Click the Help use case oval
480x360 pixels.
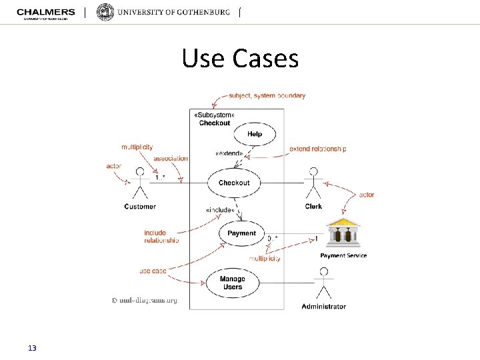[255, 134]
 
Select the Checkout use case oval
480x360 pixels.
[234, 183]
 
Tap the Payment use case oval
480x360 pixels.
[241, 233]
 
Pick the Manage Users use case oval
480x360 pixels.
[233, 283]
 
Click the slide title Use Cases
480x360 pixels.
[240, 59]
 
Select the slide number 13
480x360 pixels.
[32, 348]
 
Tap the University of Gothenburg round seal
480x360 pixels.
[105, 12]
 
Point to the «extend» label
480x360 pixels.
[229, 154]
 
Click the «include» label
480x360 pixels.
[220, 210]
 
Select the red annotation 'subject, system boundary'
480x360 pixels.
[267, 95]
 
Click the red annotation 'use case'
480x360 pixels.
[153, 271]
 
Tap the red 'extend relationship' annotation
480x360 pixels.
[318, 149]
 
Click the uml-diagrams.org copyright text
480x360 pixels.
[144, 300]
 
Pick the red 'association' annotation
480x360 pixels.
[171, 159]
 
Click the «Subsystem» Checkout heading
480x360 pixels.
[214, 119]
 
